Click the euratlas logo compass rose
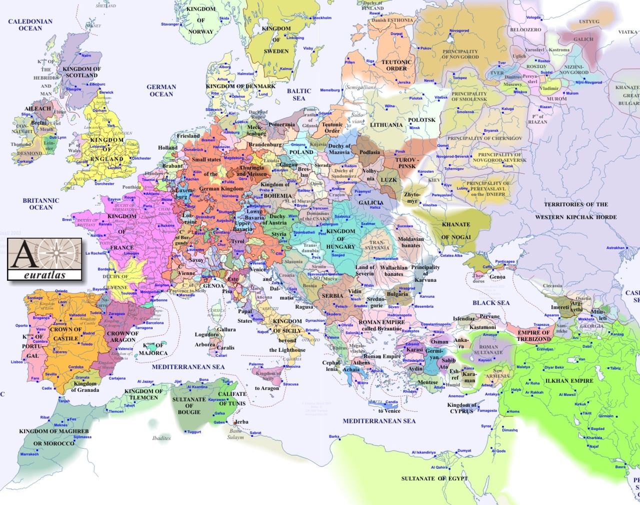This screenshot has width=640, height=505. click(x=57, y=253)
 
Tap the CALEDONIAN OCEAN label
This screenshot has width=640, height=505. click(x=30, y=25)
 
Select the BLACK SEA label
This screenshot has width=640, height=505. click(x=491, y=303)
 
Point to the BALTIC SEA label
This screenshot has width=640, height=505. click(x=299, y=95)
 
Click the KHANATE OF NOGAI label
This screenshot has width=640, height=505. click(x=456, y=231)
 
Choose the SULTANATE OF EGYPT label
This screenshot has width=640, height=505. click(x=434, y=478)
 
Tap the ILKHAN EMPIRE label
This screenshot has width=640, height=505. click(x=569, y=381)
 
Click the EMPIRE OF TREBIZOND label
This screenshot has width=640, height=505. click(x=533, y=336)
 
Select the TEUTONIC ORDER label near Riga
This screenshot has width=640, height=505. click(x=396, y=66)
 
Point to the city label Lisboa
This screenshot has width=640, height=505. click(x=17, y=362)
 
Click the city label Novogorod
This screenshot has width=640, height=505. click(x=459, y=31)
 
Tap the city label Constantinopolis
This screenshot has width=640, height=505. click(x=435, y=324)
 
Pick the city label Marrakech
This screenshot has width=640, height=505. click(x=29, y=454)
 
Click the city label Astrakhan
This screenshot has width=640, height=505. click(x=615, y=248)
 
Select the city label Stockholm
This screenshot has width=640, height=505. click(x=322, y=18)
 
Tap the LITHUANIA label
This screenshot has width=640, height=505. click(x=386, y=125)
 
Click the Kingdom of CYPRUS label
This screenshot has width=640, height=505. click(x=461, y=408)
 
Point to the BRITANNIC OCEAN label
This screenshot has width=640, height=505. click(x=41, y=204)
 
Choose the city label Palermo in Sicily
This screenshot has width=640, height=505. click(x=256, y=364)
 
